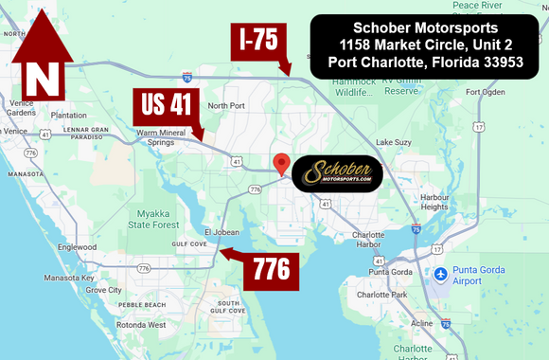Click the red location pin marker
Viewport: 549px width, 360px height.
click(x=281, y=164)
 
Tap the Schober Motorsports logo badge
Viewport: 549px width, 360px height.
click(x=338, y=174)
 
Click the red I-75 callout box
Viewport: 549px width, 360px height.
click(x=257, y=41)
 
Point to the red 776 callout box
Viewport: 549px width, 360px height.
click(x=272, y=271)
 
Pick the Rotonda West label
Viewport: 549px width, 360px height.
click(x=143, y=324)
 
